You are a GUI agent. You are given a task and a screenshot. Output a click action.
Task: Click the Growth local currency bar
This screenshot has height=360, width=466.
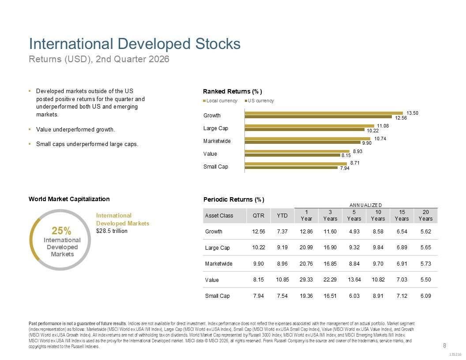pos(323,113)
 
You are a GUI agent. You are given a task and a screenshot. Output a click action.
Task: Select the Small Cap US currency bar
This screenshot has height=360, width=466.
pos(291,168)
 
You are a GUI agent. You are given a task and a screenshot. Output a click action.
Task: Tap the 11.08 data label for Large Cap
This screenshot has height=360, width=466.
pos(383,126)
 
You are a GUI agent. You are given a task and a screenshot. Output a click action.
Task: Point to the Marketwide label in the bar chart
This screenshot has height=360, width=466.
pos(217,141)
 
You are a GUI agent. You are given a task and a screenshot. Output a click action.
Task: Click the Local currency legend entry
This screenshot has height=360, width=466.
pos(220,101)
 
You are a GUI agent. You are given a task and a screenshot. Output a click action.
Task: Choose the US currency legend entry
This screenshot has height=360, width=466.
pos(259,101)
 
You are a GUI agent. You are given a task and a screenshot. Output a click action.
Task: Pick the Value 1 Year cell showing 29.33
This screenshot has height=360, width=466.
pos(306,280)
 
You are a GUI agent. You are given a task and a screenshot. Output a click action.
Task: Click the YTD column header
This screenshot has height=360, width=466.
pos(282,216)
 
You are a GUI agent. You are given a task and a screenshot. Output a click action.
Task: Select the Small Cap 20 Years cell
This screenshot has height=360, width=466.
pos(425,296)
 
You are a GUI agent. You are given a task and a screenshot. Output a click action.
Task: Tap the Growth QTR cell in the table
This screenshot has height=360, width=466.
pos(259,231)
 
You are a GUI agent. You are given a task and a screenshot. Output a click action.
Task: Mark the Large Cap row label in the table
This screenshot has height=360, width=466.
pos(217,248)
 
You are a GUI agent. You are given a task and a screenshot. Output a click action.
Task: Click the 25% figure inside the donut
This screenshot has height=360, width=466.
pos(61,231)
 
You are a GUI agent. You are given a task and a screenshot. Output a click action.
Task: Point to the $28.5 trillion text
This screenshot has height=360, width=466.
pos(112,231)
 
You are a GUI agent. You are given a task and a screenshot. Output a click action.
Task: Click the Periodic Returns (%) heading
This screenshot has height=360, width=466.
pos(234,199)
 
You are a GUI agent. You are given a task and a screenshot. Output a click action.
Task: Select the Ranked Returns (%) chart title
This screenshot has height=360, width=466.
pos(233,91)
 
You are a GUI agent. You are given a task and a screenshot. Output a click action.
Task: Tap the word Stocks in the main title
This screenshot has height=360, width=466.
pos(218,44)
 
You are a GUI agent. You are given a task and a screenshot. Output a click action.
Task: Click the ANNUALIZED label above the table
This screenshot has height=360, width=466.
pos(365,205)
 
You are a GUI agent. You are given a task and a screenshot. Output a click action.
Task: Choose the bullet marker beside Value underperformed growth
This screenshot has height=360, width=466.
pos(30,130)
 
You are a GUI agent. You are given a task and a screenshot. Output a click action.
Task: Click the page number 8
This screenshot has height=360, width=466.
pos(445,345)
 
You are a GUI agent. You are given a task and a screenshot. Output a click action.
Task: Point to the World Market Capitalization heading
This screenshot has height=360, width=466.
pos(69,199)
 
